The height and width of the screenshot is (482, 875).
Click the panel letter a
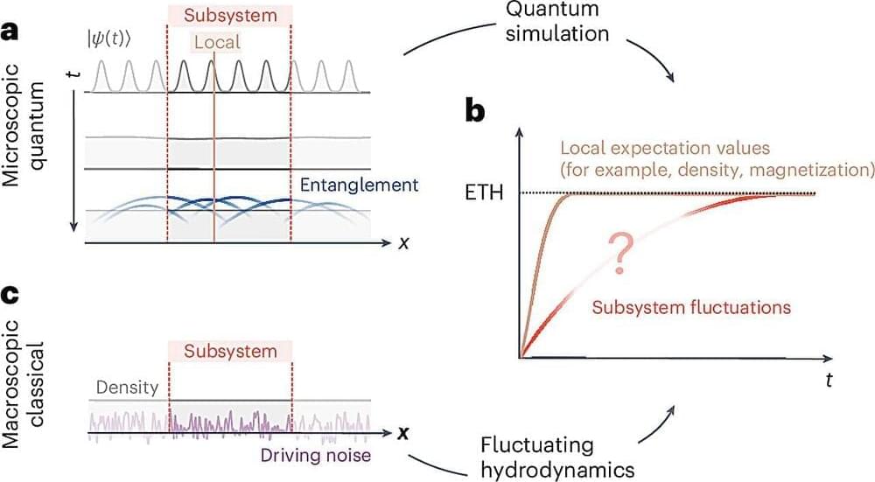(10, 32)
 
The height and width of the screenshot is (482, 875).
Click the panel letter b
(478, 114)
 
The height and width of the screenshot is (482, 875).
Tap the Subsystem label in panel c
(229, 351)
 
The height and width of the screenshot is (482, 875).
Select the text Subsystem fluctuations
(691, 307)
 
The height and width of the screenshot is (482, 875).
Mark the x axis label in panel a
(403, 242)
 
